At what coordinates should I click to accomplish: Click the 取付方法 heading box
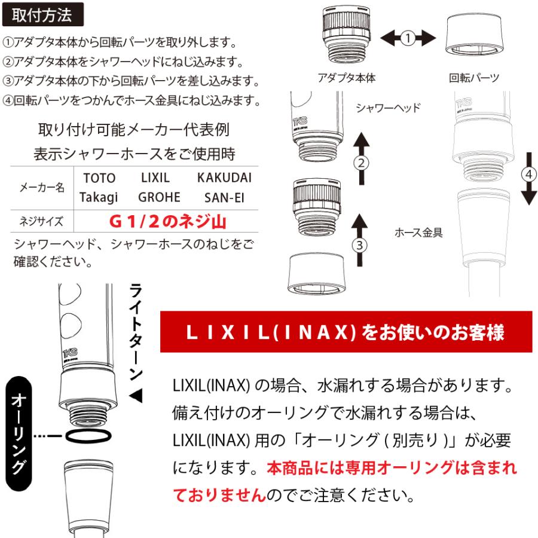click(x=43, y=15)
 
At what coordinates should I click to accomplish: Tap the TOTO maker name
click(x=99, y=178)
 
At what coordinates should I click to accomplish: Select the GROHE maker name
click(x=159, y=197)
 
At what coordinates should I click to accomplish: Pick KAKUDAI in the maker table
click(x=224, y=178)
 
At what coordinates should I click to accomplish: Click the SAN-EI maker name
click(x=224, y=198)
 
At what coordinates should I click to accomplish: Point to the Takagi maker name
click(x=99, y=198)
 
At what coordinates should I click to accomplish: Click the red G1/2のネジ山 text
click(x=168, y=221)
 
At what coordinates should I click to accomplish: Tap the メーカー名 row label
click(x=42, y=187)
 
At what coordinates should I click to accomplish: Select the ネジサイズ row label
click(x=41, y=221)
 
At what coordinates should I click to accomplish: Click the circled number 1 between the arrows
click(x=408, y=38)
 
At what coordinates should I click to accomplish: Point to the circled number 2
click(x=361, y=163)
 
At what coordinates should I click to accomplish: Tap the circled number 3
click(x=360, y=245)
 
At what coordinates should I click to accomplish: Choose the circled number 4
click(x=529, y=174)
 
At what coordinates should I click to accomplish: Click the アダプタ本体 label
click(x=347, y=78)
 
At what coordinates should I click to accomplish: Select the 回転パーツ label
click(x=474, y=78)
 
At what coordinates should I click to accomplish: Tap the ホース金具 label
click(x=418, y=233)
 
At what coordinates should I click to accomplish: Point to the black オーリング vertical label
click(x=19, y=433)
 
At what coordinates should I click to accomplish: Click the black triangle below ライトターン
click(x=136, y=396)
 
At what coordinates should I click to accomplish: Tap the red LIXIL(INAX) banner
click(x=346, y=332)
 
